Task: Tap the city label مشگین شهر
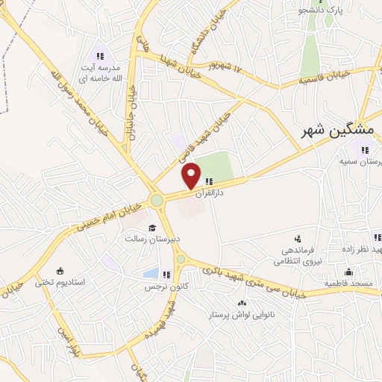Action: (x=325, y=131)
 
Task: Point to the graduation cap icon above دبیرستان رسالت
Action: (x=152, y=228)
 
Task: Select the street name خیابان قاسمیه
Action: (x=325, y=77)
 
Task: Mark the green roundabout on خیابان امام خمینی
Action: (x=157, y=200)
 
